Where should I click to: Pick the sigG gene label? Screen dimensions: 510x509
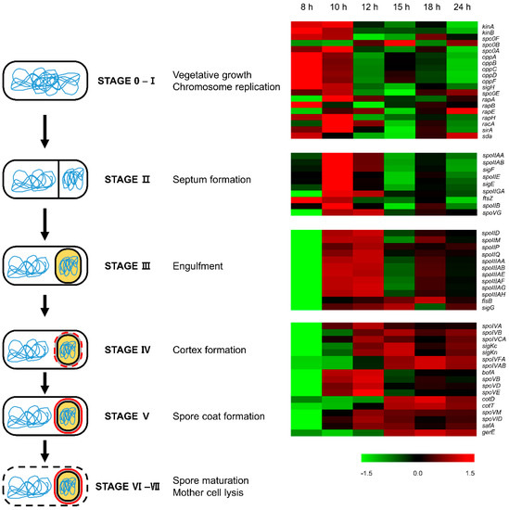point(488,307)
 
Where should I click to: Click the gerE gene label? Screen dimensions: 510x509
point(488,432)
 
